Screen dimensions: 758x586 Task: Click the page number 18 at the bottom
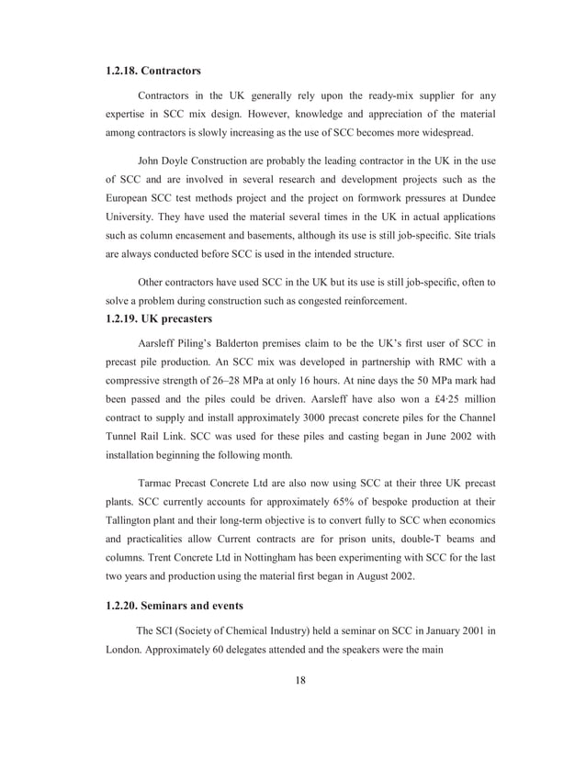pos(301,679)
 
